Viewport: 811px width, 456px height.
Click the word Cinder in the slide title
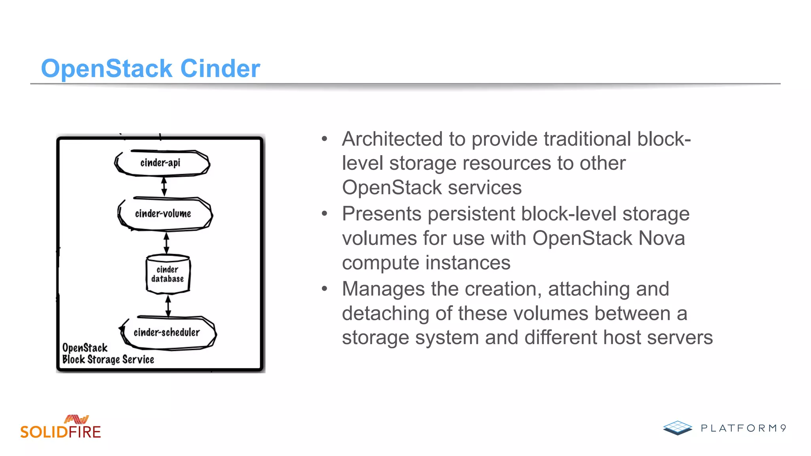click(220, 68)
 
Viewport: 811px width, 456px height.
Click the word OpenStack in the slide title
click(107, 68)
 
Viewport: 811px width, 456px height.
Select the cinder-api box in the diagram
click(161, 163)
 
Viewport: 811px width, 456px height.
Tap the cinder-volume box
click(164, 214)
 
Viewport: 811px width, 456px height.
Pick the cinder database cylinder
click(168, 274)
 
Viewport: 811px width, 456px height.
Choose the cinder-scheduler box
click(167, 332)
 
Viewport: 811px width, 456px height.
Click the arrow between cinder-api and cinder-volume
click(164, 186)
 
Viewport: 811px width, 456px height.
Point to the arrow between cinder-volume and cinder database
click(166, 243)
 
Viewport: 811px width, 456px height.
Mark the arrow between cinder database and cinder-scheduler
click(168, 306)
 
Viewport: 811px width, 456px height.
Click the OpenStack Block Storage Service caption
click(107, 353)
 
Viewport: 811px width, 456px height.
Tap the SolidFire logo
click(61, 427)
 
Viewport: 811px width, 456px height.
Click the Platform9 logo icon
click(678, 427)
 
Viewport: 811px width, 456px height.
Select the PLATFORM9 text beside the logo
click(743, 428)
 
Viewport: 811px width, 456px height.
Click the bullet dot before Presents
click(325, 214)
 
